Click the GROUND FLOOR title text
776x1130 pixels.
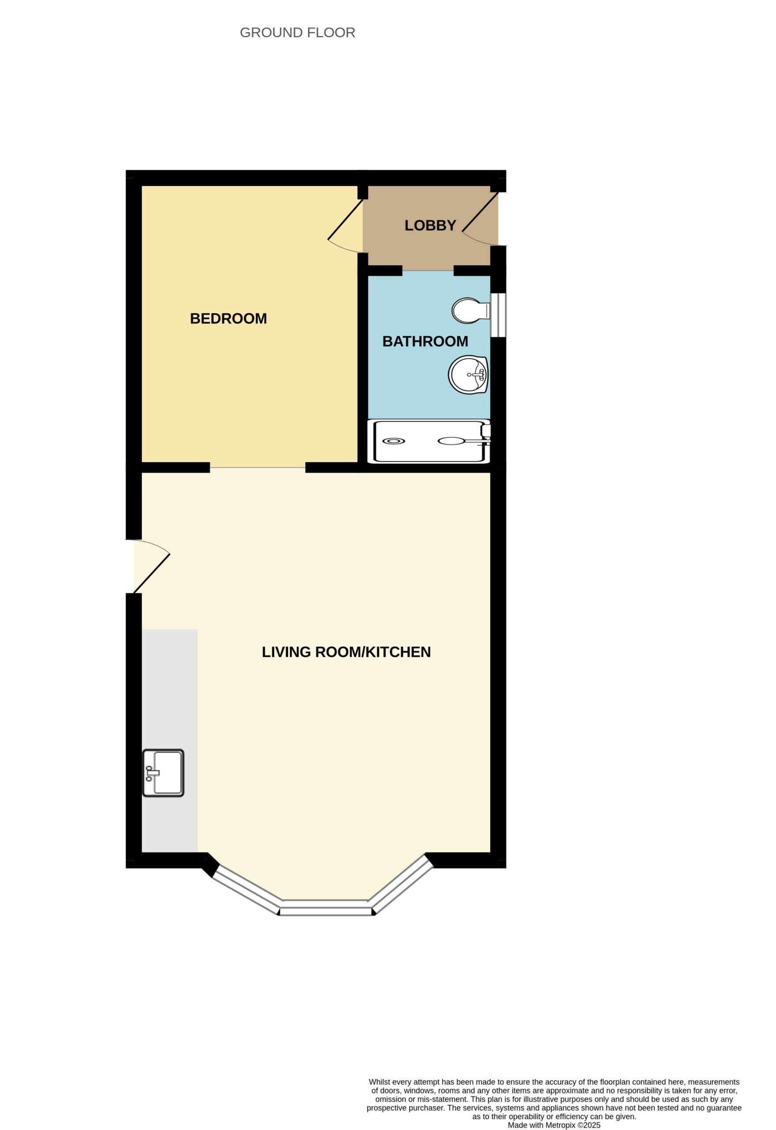tap(297, 33)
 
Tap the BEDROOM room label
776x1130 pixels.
tap(228, 319)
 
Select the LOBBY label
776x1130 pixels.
tap(430, 225)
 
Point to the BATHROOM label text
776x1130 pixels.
tap(425, 341)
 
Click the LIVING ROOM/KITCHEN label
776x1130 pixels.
tap(346, 652)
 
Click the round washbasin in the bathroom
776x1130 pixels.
tap(468, 374)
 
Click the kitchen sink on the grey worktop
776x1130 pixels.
tap(163, 772)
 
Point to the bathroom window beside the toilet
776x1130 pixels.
tap(498, 315)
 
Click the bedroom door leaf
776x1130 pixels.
tap(345, 219)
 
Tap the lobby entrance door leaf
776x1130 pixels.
tap(480, 212)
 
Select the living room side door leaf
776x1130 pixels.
tap(152, 574)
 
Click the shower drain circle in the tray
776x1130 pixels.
tap(394, 441)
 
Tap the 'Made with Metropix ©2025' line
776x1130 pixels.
tap(554, 1125)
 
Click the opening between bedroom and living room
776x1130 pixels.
tap(257, 468)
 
